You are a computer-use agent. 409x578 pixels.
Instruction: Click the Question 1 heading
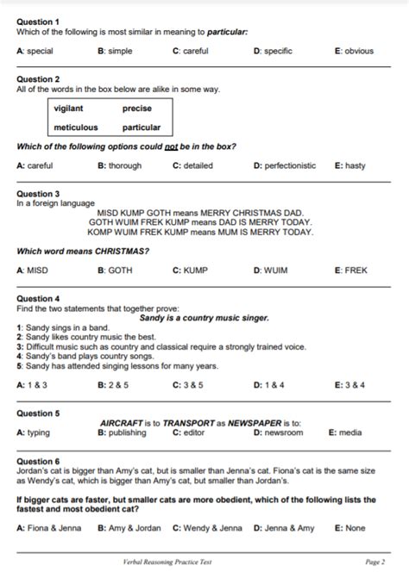pos(38,21)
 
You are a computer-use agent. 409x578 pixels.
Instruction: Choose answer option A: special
pos(35,51)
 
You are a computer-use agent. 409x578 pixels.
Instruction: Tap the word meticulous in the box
pos(76,127)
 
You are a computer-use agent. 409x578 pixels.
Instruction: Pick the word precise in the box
pos(137,109)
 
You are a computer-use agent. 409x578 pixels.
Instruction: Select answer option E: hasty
pos(349,165)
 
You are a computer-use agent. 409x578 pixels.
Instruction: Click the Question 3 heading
pos(38,194)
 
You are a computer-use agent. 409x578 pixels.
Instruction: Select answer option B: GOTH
pos(115,270)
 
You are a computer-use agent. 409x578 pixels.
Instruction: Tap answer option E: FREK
pos(350,270)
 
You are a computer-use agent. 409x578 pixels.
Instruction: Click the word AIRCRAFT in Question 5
pos(122,423)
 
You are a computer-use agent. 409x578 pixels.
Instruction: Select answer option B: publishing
pos(122,432)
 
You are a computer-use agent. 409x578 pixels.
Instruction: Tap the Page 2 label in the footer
pos(375,562)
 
